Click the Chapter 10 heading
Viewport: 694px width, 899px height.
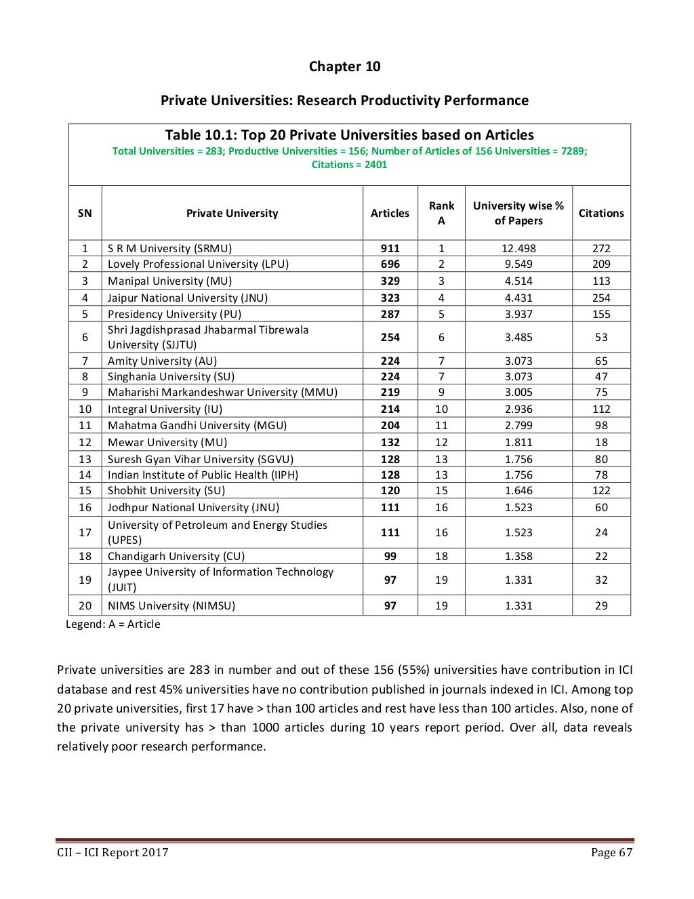(x=344, y=66)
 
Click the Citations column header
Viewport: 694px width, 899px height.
(x=600, y=213)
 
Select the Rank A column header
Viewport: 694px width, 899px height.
(x=441, y=213)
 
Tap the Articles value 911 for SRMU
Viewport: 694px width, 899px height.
(x=390, y=248)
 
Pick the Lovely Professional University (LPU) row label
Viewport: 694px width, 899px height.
(x=198, y=264)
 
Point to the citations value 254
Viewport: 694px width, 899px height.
(x=600, y=298)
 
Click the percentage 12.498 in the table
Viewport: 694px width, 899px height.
(x=518, y=248)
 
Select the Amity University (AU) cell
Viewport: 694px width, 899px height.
(x=162, y=361)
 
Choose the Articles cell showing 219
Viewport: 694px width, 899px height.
(x=390, y=393)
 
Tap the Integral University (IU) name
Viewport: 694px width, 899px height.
(x=165, y=409)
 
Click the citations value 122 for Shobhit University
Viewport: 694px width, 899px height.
(x=600, y=491)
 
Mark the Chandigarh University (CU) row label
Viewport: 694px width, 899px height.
(x=176, y=556)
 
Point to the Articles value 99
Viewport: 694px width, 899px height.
(x=390, y=556)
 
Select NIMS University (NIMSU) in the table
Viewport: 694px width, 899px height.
(x=171, y=605)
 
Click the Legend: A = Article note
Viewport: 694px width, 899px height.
(x=113, y=624)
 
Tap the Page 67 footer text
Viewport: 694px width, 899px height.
(x=611, y=852)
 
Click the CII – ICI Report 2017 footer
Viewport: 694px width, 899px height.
(x=113, y=852)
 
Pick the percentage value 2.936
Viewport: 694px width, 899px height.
(x=518, y=409)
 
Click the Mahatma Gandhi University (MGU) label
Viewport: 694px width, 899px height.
(x=197, y=426)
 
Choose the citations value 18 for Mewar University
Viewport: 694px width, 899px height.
(x=600, y=442)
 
